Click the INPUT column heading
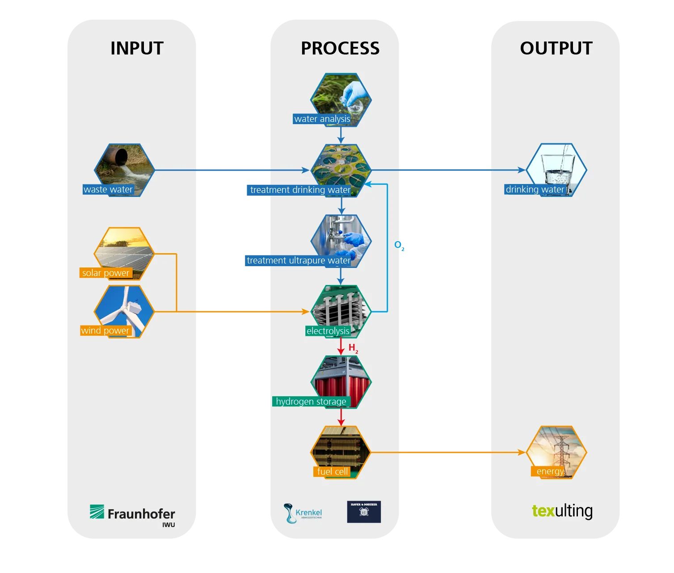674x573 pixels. coord(137,48)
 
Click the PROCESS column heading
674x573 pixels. coord(340,48)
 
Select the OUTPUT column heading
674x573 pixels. coord(556,48)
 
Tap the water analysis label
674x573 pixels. coord(322,119)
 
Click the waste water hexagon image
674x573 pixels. coord(124,165)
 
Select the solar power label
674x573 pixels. coord(105,273)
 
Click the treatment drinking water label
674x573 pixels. coord(300,190)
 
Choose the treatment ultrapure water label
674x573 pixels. coord(298,260)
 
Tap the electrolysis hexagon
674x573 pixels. coord(341,308)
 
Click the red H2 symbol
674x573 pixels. coord(353,348)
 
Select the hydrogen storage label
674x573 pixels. coord(311,402)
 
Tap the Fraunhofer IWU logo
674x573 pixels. coord(133,514)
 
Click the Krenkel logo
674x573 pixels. coord(303,513)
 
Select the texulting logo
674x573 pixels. coord(562,511)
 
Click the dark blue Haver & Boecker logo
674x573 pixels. coord(364,512)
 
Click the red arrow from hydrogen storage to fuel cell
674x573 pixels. coord(341,417)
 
